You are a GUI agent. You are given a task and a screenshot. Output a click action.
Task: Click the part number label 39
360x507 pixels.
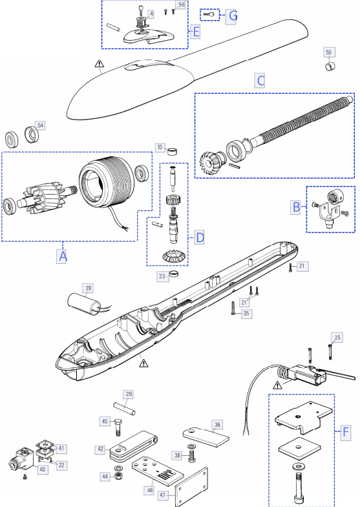coord(88,288)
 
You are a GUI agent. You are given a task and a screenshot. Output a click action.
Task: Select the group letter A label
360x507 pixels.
coord(63,256)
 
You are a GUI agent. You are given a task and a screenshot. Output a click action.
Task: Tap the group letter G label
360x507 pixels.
coord(233,16)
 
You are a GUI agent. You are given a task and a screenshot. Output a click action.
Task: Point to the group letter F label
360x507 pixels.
coord(346,432)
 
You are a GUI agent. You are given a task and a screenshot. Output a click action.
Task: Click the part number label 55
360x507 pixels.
coord(328,52)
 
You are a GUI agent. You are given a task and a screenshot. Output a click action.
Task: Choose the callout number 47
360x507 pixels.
coord(163,495)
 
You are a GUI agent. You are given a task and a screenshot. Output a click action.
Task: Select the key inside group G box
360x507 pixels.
coord(209,14)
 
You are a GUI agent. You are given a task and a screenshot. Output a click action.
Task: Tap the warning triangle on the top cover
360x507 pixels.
coord(100,63)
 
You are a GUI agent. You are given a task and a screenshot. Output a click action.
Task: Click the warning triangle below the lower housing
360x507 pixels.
coord(143,363)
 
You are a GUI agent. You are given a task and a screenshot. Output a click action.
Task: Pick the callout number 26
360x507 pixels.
coord(129,394)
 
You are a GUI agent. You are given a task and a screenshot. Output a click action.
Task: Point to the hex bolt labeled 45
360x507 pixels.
coord(118,427)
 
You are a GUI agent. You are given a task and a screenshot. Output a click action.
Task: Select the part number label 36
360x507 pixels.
coord(217,425)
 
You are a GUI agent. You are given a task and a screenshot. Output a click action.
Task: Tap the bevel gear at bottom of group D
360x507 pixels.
coord(171,256)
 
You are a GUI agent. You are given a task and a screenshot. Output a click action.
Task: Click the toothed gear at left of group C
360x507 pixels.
coord(210,164)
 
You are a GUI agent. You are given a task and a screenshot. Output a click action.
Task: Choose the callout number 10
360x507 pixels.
coord(160,147)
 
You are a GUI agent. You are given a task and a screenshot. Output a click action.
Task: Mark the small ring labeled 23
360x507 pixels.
coord(175,274)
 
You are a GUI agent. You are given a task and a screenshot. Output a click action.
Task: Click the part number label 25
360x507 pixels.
coord(337,338)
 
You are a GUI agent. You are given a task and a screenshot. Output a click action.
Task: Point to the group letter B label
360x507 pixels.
coord(296,207)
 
